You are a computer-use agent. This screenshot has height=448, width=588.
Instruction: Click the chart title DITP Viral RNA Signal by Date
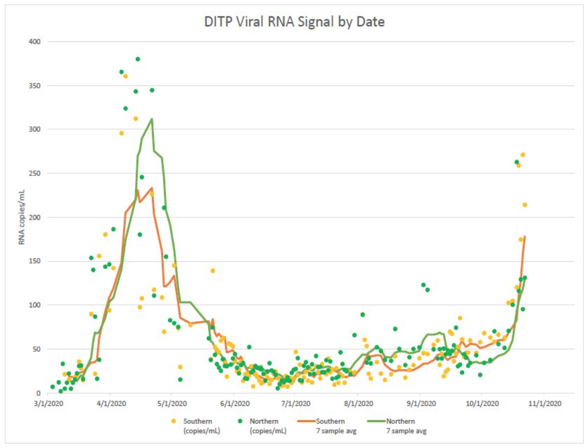click(x=294, y=21)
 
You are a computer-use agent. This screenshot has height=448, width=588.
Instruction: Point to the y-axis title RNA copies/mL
click(x=22, y=217)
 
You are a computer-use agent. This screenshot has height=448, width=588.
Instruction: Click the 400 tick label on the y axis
click(x=35, y=42)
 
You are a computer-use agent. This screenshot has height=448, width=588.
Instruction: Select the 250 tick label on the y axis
click(x=35, y=173)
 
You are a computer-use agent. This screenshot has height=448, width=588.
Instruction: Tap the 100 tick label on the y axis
click(x=35, y=305)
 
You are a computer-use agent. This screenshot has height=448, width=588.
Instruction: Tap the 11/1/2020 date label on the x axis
click(x=544, y=404)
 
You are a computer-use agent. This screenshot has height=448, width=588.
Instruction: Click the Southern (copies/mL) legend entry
click(x=197, y=426)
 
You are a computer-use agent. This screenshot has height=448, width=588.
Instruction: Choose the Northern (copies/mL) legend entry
click(x=264, y=426)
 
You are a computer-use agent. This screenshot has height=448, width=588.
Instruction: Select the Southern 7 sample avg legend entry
click(x=330, y=426)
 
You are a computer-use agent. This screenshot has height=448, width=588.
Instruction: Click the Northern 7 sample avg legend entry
click(x=400, y=426)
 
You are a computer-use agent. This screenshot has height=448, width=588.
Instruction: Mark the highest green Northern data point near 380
click(x=138, y=59)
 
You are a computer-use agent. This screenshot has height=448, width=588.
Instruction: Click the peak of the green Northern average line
click(x=152, y=119)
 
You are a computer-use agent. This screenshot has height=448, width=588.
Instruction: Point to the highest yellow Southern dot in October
click(x=522, y=155)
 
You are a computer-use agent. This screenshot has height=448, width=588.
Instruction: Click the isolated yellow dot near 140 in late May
click(x=213, y=271)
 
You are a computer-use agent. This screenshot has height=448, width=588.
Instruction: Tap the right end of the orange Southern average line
click(x=525, y=236)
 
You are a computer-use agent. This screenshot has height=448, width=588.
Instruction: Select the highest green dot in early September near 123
click(x=423, y=285)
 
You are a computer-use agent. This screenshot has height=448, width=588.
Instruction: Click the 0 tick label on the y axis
click(x=38, y=393)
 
